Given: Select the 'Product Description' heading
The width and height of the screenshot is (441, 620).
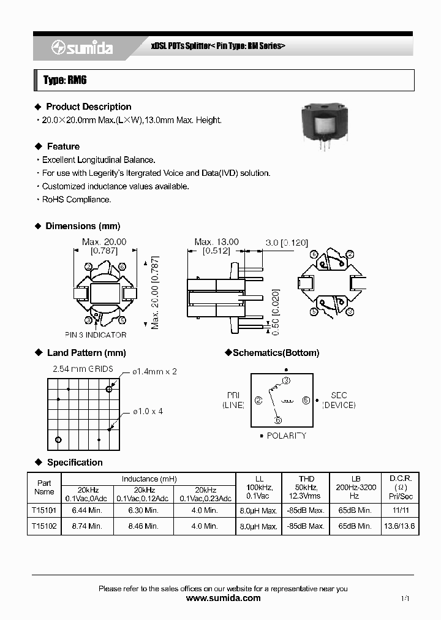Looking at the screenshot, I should click(88, 107).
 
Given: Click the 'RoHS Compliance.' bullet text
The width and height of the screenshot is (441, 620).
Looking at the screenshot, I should click(76, 200).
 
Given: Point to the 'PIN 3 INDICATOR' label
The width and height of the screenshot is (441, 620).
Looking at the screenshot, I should click(96, 335).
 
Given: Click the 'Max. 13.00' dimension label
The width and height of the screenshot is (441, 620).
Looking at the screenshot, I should click(216, 242).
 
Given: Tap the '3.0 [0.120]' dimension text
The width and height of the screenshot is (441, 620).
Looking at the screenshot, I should click(287, 243).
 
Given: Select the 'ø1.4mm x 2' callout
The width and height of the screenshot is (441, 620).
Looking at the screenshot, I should click(155, 372).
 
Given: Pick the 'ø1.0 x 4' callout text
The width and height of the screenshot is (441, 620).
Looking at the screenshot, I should click(148, 411).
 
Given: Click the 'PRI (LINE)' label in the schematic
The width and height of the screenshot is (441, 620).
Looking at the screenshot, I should click(233, 400).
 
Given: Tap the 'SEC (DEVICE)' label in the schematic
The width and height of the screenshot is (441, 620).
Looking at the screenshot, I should click(339, 400).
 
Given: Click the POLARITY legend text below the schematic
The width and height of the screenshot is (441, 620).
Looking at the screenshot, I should click(282, 436).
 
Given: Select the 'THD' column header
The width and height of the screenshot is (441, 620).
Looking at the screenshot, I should click(306, 478).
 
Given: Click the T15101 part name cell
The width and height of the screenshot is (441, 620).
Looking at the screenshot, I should click(44, 510).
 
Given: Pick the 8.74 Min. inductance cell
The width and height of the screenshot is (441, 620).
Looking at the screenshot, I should click(87, 526).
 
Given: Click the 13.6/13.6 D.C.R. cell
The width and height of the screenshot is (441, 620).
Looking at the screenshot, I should click(401, 526).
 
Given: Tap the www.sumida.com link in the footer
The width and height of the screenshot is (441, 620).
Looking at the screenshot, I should click(223, 598).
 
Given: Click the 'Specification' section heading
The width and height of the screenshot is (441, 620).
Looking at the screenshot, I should click(75, 462).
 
